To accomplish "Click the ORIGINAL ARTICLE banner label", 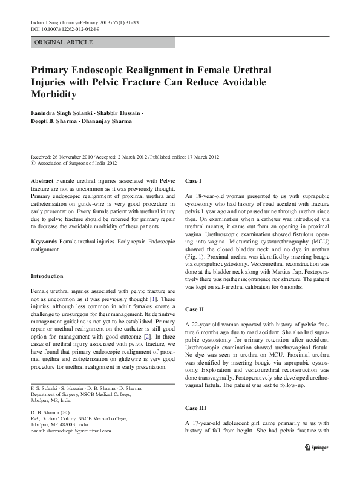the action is [x=64, y=42].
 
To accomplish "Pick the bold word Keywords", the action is [x=43, y=241].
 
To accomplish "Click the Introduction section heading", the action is [x=47, y=276].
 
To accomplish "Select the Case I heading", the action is [x=193, y=181].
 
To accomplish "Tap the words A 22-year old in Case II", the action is [x=206, y=325].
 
